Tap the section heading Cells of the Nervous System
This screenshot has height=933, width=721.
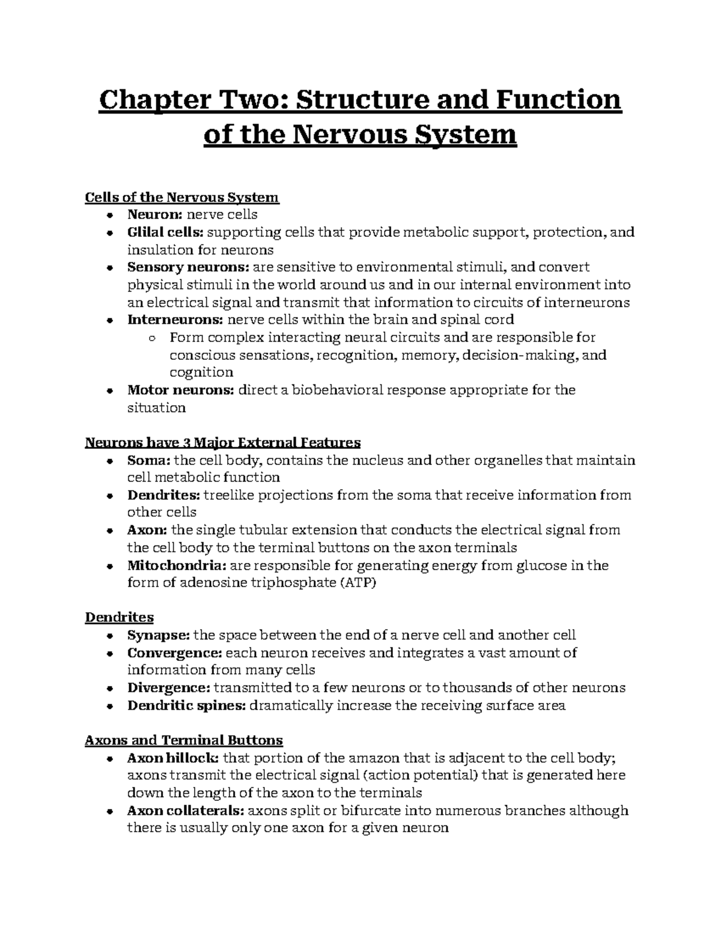(182, 197)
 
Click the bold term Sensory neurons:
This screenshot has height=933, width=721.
(188, 267)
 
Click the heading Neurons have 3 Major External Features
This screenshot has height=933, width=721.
(223, 443)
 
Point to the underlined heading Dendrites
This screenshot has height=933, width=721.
(120, 617)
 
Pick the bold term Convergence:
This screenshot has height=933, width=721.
(175, 652)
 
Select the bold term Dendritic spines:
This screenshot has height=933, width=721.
(186, 705)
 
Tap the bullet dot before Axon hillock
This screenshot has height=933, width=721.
(109, 758)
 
